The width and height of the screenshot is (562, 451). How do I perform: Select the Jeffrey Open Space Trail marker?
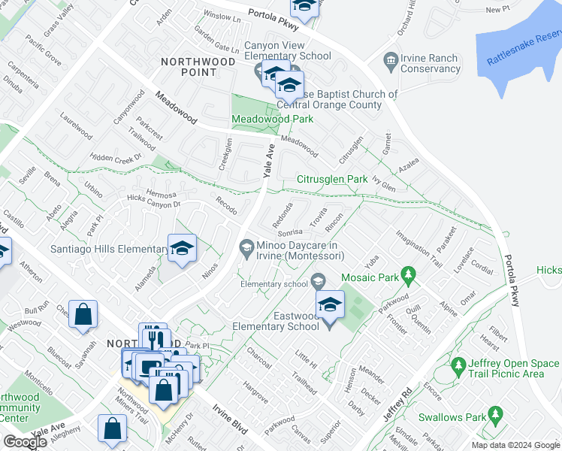pos(459,366)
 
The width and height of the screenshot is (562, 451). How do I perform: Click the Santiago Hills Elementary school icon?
pos(181,250)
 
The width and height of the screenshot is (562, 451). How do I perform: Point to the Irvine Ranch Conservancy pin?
pos(390,59)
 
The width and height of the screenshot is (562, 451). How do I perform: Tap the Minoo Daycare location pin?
pos(246,247)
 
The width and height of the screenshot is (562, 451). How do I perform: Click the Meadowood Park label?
pos(271,120)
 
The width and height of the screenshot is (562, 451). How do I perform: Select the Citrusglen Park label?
pos(332,180)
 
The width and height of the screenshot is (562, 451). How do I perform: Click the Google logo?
pos(26,442)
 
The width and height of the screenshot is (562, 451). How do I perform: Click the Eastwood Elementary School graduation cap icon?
pos(329,304)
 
